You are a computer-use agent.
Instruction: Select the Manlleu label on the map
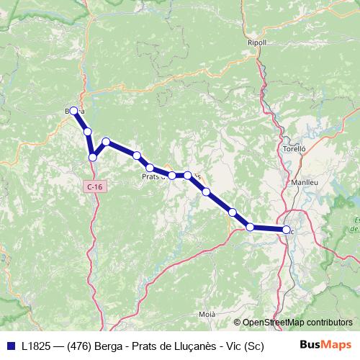pyautogui.click(x=304, y=183)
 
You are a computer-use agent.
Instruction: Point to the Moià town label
pyautogui.click(x=207, y=314)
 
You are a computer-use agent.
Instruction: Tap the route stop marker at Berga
pyautogui.click(x=73, y=111)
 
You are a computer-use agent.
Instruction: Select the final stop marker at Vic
pyautogui.click(x=287, y=230)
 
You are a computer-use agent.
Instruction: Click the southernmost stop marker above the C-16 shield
pyautogui.click(x=93, y=157)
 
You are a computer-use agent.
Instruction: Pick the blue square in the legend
pyautogui.click(x=12, y=346)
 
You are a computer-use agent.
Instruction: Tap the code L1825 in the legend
pyautogui.click(x=37, y=346)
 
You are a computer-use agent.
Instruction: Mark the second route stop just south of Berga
pyautogui.click(x=88, y=132)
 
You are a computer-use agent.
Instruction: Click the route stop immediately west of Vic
pyautogui.click(x=251, y=228)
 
